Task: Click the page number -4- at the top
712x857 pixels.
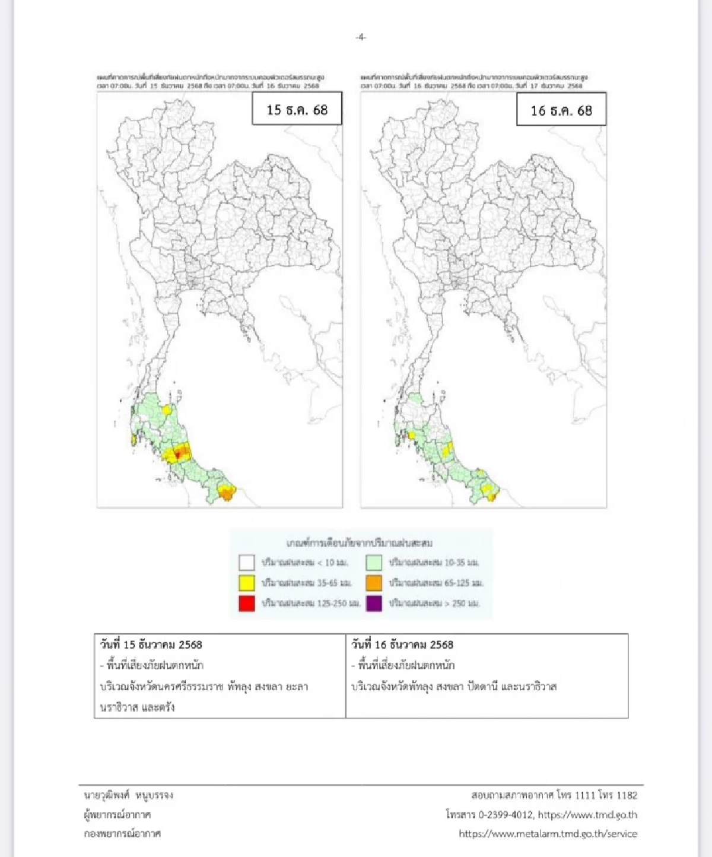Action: tap(361, 37)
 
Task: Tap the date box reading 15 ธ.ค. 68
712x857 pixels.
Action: tap(297, 109)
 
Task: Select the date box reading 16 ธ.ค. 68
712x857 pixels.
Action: tap(561, 110)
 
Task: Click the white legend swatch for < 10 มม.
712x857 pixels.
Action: tap(247, 562)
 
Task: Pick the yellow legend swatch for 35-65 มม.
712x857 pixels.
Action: tap(247, 583)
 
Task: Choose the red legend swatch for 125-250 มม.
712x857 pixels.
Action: tap(247, 604)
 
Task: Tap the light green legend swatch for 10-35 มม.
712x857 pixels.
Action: tap(374, 562)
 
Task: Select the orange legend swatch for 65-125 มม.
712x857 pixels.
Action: tap(374, 583)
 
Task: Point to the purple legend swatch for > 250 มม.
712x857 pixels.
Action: tap(374, 604)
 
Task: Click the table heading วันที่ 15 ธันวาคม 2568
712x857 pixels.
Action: tap(151, 645)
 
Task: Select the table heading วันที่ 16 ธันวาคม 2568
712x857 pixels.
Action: tap(402, 645)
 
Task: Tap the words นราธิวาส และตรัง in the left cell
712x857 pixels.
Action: tap(138, 707)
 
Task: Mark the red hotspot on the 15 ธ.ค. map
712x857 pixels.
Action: tap(179, 454)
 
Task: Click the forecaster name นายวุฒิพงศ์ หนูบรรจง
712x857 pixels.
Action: tap(129, 795)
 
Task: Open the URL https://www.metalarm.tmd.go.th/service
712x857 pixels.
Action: tap(548, 834)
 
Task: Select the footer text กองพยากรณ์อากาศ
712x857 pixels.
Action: tap(122, 834)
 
